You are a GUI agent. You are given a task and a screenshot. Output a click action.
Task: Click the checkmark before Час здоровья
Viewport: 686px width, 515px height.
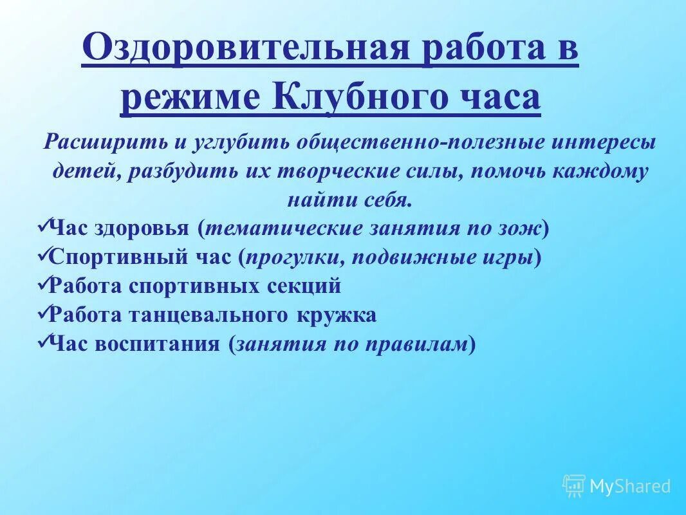click(43, 227)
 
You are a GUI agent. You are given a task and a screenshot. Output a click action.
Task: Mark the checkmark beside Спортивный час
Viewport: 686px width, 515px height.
click(43, 256)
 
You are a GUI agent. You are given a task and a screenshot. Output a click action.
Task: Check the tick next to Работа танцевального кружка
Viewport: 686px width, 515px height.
click(43, 314)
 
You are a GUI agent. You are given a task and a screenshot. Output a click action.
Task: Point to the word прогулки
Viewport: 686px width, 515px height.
click(292, 258)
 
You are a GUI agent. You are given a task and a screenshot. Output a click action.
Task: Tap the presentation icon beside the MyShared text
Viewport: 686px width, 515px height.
click(573, 485)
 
